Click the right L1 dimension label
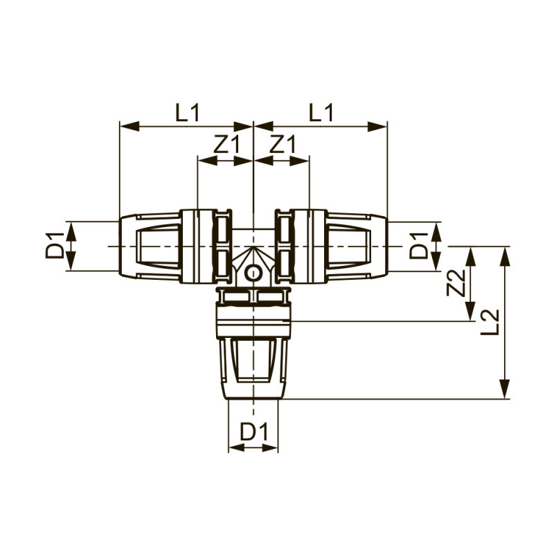321,112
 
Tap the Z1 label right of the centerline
282,145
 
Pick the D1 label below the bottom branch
253,432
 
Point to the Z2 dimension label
455,284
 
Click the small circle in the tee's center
253,272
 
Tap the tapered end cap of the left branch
150,247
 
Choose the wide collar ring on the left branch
195,247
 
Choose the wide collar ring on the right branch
312,247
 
